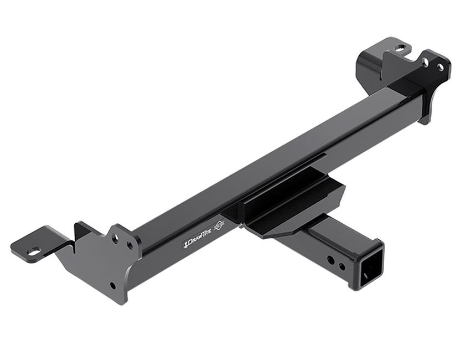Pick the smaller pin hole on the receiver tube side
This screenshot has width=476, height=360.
click(342, 266)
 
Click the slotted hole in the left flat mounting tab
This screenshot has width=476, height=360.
click(34, 251)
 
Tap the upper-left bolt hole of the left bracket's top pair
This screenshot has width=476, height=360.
click(115, 239)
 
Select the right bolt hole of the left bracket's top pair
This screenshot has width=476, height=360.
click(130, 245)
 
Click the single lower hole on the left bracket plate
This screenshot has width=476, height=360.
click(112, 286)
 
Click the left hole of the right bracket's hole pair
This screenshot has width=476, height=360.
click(426, 63)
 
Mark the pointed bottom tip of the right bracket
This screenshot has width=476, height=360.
click(425, 121)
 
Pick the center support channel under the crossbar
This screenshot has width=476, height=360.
click(288, 205)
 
